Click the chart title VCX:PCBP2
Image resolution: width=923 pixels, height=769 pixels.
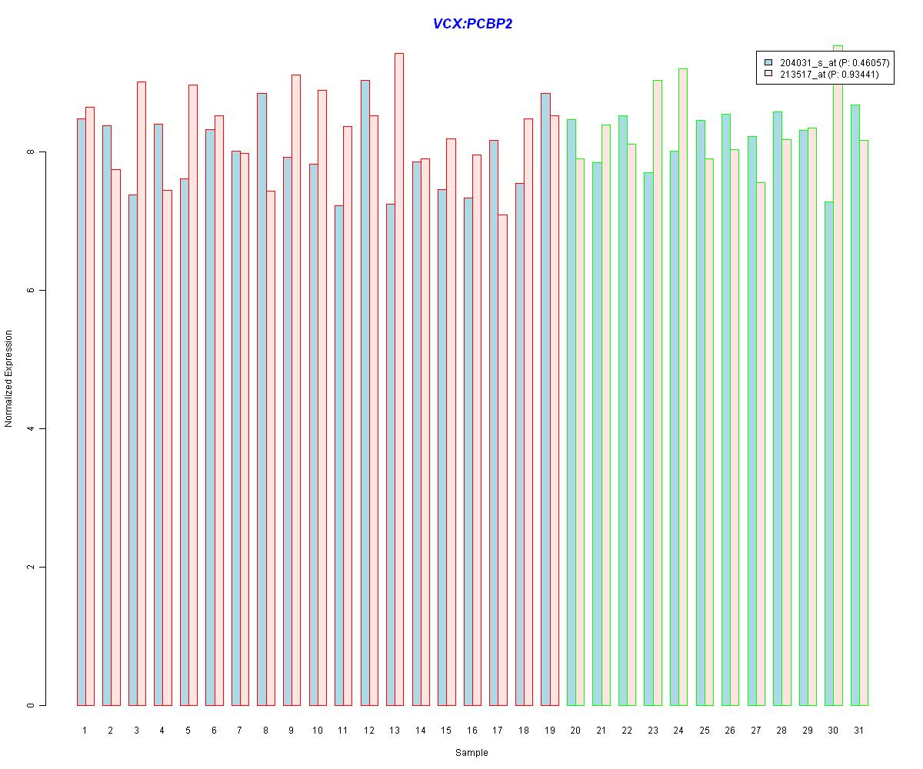pyautogui.click(x=472, y=24)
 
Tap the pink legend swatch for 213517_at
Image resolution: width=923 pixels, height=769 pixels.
pyautogui.click(x=768, y=75)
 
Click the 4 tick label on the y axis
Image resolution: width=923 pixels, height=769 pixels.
pyautogui.click(x=32, y=428)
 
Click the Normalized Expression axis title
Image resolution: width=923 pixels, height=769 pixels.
pyautogui.click(x=9, y=378)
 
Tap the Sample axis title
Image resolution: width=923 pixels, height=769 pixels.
pyautogui.click(x=471, y=753)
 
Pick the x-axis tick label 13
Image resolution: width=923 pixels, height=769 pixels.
pyautogui.click(x=395, y=730)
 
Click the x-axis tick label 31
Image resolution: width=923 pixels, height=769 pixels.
pyautogui.click(x=858, y=730)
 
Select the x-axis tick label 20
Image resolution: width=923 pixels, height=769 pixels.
pyautogui.click(x=575, y=730)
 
